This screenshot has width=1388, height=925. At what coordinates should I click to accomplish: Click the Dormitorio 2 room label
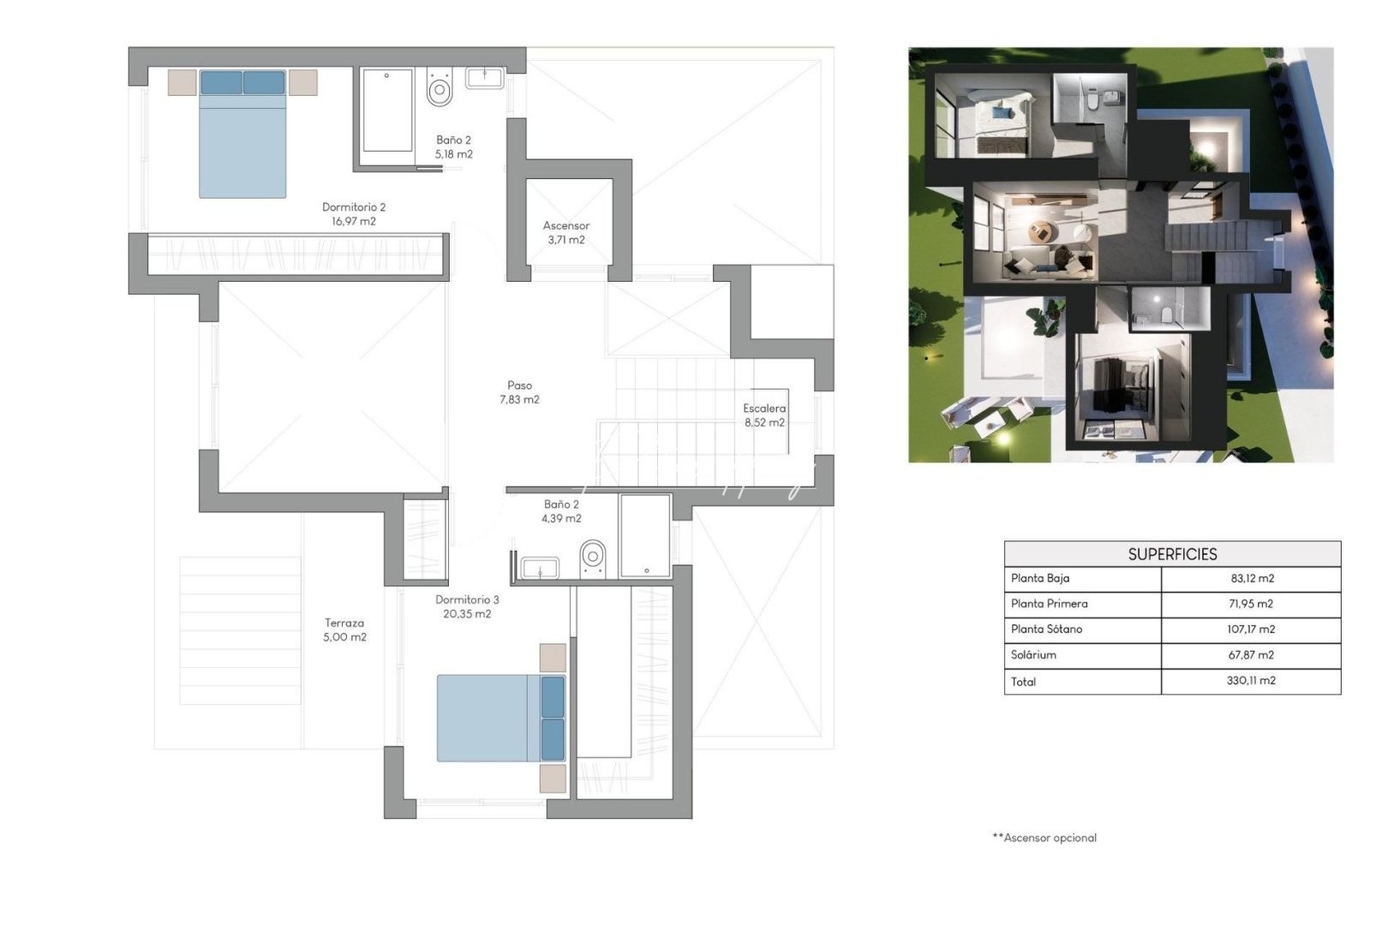point(354,207)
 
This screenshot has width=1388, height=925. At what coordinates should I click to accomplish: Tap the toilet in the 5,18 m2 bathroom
point(440,88)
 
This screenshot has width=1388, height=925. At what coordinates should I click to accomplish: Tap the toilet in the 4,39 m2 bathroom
point(593,557)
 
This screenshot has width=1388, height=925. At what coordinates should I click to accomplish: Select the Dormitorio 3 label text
point(467,600)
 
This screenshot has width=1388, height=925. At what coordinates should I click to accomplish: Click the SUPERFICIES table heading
point(1172,554)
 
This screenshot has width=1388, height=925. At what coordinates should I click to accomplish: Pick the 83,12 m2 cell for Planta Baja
point(1252,579)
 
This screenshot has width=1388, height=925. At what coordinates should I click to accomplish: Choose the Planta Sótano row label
point(1046,630)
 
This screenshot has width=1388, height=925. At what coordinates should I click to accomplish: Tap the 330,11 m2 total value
point(1251,681)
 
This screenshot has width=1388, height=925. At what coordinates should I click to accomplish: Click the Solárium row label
point(1033,655)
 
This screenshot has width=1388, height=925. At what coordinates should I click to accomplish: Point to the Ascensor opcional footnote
point(1044,838)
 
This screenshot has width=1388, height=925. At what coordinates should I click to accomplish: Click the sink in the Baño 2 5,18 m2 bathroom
point(485,78)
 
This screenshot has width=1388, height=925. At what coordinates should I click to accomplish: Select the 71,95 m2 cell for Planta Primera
point(1251,604)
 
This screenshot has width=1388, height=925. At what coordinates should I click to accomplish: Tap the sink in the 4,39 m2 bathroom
point(540,568)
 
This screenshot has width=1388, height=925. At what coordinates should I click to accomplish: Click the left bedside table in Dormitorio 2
point(182,82)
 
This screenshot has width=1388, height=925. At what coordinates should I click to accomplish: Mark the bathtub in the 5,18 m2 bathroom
point(387,110)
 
